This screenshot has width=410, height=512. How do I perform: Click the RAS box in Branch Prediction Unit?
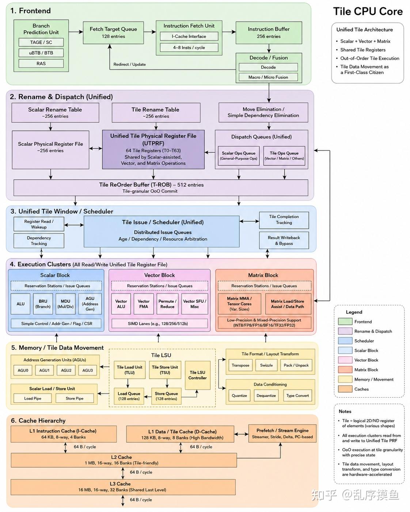pos(41,64)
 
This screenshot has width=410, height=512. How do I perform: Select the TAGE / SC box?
pos(41,42)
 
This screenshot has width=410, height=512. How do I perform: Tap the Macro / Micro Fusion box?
pos(268,77)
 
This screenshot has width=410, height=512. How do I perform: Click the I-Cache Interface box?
pos(189,37)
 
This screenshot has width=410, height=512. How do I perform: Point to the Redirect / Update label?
pos(129,64)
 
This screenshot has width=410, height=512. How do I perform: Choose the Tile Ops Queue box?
pos(284,156)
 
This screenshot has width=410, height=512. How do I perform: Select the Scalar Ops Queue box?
pos(239,156)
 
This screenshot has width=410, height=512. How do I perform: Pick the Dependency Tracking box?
pos(39,241)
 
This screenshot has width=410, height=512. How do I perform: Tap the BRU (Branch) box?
pos(43,304)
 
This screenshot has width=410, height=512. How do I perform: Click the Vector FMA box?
pos(144,304)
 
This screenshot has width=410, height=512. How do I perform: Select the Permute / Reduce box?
pos(167,304)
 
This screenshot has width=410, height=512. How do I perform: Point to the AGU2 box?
pos(66,370)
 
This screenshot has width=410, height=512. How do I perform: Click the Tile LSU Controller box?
pos(198,375)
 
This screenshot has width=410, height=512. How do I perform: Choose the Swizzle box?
pos(266,365)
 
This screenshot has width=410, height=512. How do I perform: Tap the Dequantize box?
pos(266,396)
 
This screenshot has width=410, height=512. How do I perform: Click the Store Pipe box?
pos(75,398)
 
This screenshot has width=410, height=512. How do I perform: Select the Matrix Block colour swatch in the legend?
pos(345,370)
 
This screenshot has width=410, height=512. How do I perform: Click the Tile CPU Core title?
pos(368,11)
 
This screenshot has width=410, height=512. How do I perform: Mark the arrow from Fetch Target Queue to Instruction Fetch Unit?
pos(150,32)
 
